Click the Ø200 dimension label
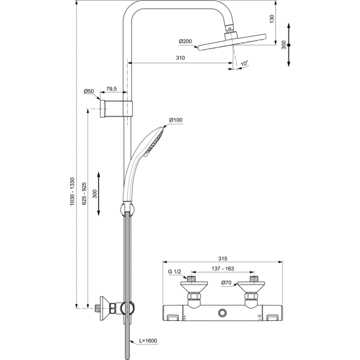point(185,41)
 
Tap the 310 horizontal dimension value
point(180,58)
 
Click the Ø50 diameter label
point(89,91)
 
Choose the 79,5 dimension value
point(112,88)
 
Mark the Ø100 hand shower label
point(175,121)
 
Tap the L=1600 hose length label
point(147,341)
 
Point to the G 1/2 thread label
point(174,272)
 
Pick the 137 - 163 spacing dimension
point(223,271)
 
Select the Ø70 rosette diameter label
point(227,282)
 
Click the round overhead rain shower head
point(229,43)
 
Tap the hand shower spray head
point(154,137)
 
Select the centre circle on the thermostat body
point(223,313)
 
